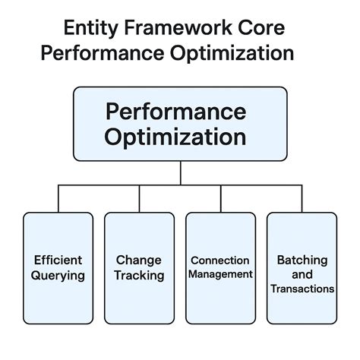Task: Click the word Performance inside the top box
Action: point(176,112)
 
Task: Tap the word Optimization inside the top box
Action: point(176,137)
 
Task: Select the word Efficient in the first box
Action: point(58,260)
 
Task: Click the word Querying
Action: point(58,275)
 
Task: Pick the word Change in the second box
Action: point(139,260)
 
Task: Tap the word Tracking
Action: point(139,275)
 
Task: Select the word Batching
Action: point(301,260)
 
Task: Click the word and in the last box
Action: point(301,274)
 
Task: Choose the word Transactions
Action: point(301,289)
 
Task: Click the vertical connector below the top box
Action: point(180,173)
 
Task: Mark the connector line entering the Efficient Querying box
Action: point(58,199)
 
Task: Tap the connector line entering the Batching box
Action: point(302,199)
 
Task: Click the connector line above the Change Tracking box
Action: point(140,199)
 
